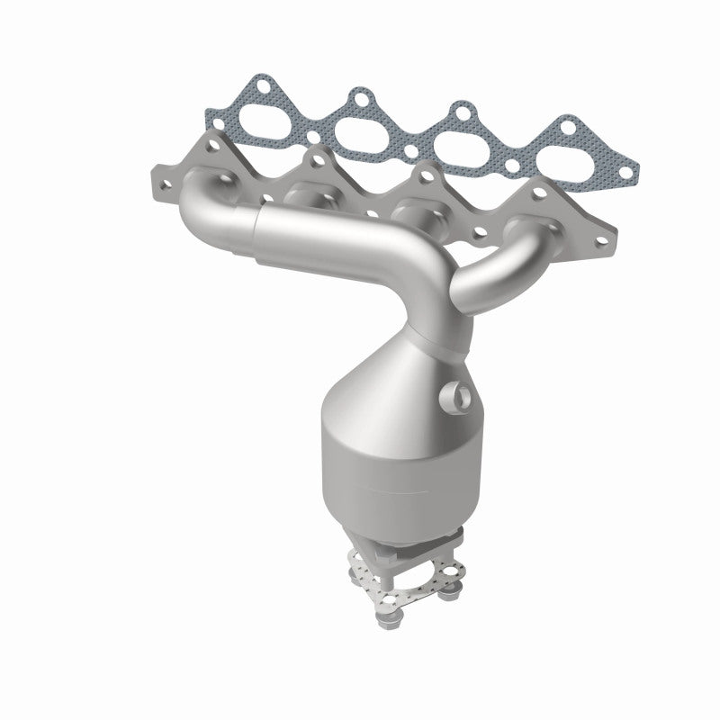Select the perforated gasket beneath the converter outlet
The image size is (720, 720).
(409, 576)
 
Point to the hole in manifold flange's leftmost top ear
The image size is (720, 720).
(212, 143)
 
